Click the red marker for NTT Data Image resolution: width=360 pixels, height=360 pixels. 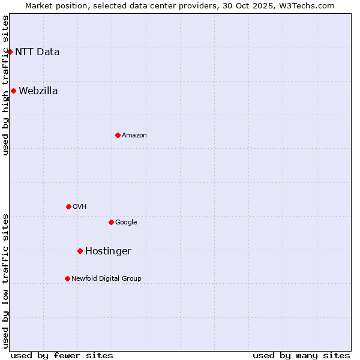(x=10, y=52)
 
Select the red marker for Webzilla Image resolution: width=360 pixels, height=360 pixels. (x=13, y=91)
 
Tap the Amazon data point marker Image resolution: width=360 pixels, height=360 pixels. (x=118, y=135)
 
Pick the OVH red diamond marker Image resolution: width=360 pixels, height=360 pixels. (x=68, y=206)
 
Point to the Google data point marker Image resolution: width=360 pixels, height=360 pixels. (x=111, y=222)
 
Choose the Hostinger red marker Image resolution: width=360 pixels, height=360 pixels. (x=80, y=251)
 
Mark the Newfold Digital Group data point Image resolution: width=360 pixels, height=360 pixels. (x=67, y=278)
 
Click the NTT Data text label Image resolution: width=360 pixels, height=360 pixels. (x=37, y=52)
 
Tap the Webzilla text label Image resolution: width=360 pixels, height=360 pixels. (x=38, y=91)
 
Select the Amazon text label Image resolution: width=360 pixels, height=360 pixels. (x=134, y=136)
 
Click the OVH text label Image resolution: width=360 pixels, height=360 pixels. (x=80, y=207)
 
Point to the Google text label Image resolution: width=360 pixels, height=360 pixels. (x=126, y=223)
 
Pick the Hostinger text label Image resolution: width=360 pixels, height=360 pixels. (x=108, y=251)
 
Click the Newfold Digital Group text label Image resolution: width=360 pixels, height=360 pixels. (x=107, y=279)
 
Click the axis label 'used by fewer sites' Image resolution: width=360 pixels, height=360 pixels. (x=62, y=355)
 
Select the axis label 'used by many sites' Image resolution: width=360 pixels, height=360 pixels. (x=301, y=355)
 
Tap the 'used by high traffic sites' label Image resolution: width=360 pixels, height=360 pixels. (x=6, y=85)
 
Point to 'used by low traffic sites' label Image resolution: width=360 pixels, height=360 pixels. (x=6, y=281)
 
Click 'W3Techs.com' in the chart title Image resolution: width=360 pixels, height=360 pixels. (x=308, y=6)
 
